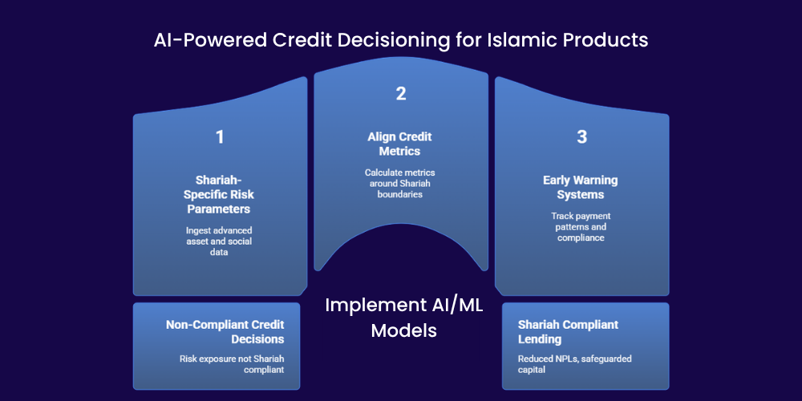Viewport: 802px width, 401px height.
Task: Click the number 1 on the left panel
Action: coord(220,137)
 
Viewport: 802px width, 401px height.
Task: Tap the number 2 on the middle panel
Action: coord(400,94)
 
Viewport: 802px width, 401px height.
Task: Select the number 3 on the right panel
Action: coord(581,137)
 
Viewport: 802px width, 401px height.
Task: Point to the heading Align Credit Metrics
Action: coord(399,144)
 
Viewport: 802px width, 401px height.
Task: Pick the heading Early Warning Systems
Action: coord(581,187)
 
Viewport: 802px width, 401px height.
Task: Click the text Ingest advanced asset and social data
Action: coord(219,241)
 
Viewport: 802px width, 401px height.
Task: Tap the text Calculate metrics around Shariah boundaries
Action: coord(400,183)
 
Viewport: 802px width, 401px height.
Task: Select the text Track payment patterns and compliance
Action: coord(581,227)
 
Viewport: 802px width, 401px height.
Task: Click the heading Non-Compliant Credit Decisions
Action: coord(225,331)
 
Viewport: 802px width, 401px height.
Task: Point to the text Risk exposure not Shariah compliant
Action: coord(232,363)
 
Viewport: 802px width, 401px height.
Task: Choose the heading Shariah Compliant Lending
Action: coord(569,331)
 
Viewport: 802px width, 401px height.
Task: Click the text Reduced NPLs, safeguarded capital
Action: coord(575,363)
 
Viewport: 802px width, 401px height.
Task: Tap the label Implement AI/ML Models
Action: coord(404,318)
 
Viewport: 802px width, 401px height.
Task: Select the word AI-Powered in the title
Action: coord(210,40)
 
